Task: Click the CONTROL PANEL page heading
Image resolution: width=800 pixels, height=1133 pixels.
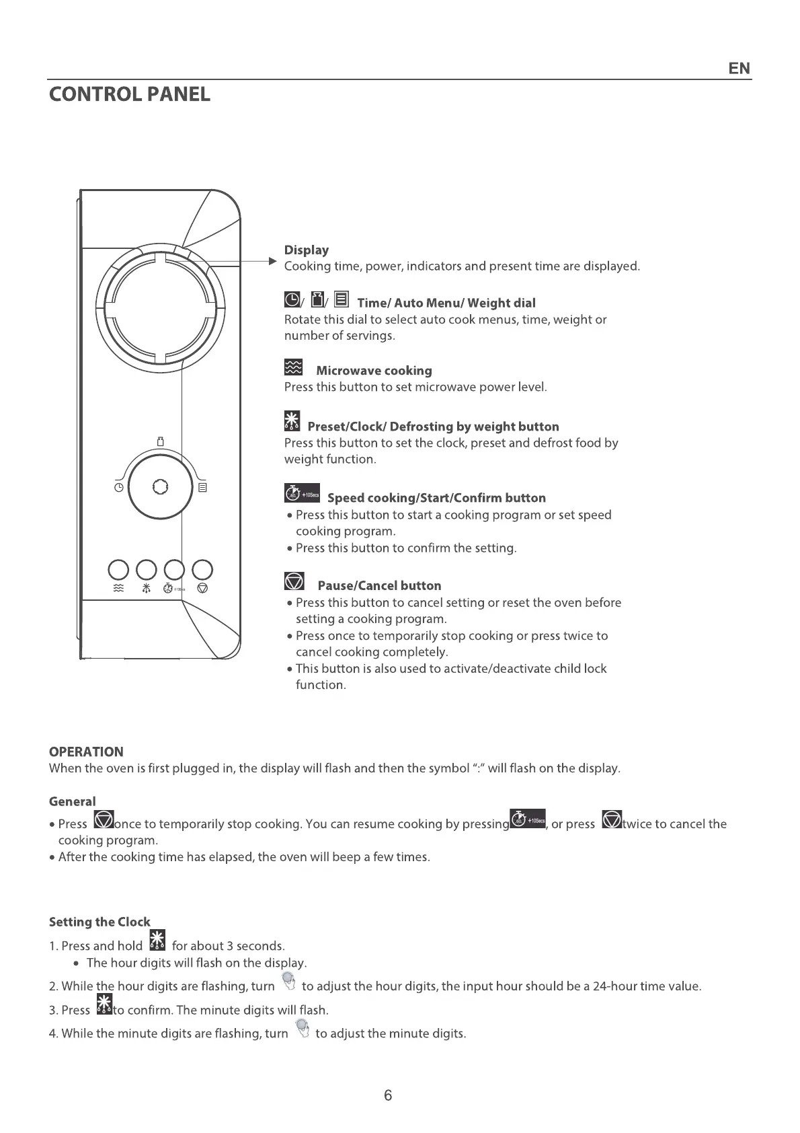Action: pyautogui.click(x=130, y=94)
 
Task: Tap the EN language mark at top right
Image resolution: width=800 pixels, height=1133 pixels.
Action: pyautogui.click(x=739, y=69)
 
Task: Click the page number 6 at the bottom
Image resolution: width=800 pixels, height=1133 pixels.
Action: pyautogui.click(x=388, y=1095)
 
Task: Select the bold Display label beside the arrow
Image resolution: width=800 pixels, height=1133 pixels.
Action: pyautogui.click(x=307, y=250)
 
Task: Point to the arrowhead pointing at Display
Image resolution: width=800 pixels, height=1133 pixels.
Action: pyautogui.click(x=272, y=261)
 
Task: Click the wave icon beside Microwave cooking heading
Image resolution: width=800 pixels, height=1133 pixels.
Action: pyautogui.click(x=293, y=367)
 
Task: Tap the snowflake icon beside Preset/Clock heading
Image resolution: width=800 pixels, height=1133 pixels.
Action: pyautogui.click(x=292, y=421)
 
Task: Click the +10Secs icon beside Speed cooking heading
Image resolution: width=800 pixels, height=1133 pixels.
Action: pyautogui.click(x=302, y=493)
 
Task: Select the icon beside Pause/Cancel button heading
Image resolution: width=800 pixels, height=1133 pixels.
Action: pyautogui.click(x=294, y=581)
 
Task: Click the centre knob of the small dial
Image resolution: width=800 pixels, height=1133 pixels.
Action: pyautogui.click(x=160, y=486)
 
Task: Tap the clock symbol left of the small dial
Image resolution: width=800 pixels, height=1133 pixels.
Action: pyautogui.click(x=118, y=488)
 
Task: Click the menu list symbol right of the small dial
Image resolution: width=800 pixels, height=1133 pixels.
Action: pyautogui.click(x=202, y=487)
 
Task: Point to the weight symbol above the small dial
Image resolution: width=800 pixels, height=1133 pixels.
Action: pyautogui.click(x=160, y=441)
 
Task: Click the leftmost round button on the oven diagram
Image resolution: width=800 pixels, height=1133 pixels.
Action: pyautogui.click(x=118, y=570)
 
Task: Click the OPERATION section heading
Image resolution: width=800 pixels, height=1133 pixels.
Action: pyautogui.click(x=86, y=752)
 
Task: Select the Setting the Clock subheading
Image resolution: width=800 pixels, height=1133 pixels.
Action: pyautogui.click(x=99, y=922)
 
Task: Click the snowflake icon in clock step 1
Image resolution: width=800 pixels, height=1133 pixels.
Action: pyautogui.click(x=157, y=941)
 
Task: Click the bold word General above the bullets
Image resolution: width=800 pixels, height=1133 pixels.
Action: pyautogui.click(x=73, y=801)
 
